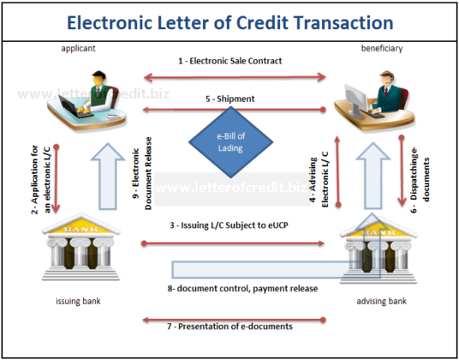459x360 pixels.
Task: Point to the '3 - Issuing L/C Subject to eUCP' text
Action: click(x=229, y=225)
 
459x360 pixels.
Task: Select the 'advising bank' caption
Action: click(x=379, y=302)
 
